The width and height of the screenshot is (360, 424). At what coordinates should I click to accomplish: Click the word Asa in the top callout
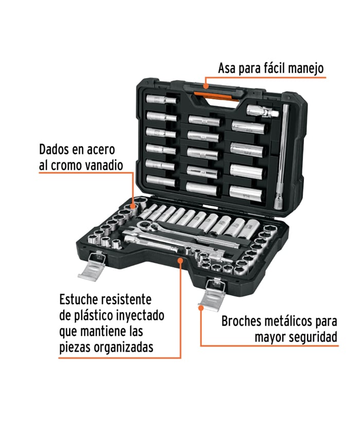pos(227,68)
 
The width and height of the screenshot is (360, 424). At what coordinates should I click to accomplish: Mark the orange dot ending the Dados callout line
pos(133,206)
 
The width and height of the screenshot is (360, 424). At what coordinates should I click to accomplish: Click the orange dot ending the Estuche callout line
pos(181,260)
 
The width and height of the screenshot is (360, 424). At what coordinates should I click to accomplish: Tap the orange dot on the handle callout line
pos(206,86)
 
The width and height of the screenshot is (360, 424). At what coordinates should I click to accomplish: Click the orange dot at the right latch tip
pos(201,308)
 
